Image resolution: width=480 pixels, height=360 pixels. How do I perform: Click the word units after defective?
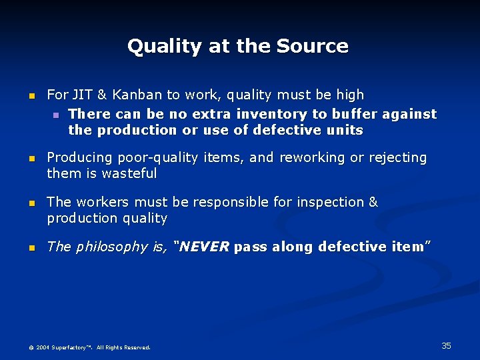click(345, 131)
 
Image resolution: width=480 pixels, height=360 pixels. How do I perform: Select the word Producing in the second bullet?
click(79, 158)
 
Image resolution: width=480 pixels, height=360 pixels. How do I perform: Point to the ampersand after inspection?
click(373, 202)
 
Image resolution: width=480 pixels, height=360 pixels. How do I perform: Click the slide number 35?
click(446, 345)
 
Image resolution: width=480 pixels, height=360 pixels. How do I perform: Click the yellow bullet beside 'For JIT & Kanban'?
click(30, 96)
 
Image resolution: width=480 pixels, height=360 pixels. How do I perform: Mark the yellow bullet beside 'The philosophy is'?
click(30, 248)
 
